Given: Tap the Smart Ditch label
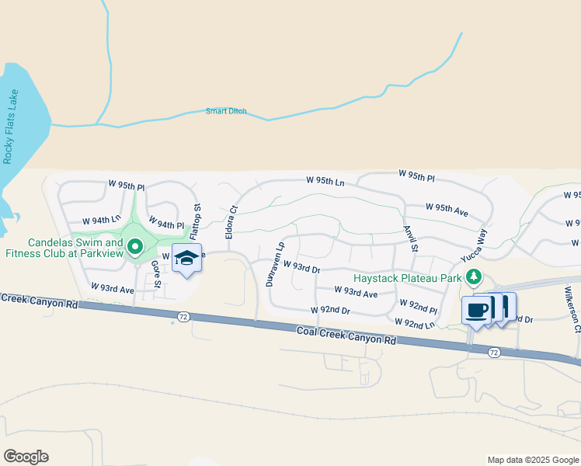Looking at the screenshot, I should [x=226, y=111].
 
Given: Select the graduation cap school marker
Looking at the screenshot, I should [x=186, y=258].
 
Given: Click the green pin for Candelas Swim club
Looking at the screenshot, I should [x=135, y=247].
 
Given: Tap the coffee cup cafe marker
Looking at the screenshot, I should [x=476, y=310].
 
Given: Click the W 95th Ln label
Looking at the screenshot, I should [x=325, y=180].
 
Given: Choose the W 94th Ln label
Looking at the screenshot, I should [x=106, y=221].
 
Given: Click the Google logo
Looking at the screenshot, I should [x=26, y=457].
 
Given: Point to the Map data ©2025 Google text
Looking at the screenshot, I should [x=532, y=460].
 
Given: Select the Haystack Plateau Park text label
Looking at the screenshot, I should [x=407, y=277].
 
